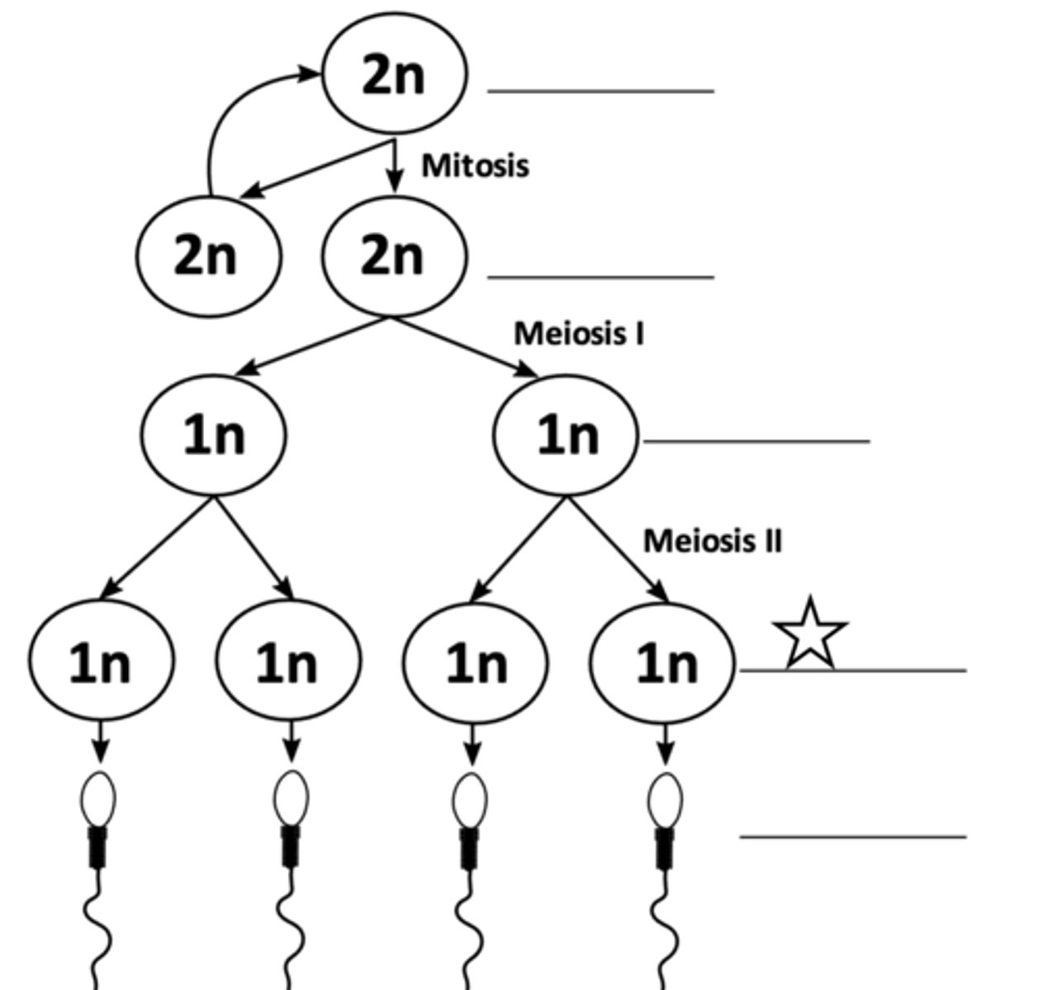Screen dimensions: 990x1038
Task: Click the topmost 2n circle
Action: pyautogui.click(x=394, y=74)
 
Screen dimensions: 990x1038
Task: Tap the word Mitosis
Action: pyautogui.click(x=475, y=165)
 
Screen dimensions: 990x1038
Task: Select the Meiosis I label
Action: pyautogui.click(x=579, y=333)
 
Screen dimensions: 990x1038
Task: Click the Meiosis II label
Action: pyautogui.click(x=712, y=541)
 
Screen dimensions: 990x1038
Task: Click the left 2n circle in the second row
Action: pyautogui.click(x=208, y=256)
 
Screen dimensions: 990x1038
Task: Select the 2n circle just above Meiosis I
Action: pyautogui.click(x=394, y=256)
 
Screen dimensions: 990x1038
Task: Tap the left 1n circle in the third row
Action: pyautogui.click(x=214, y=435)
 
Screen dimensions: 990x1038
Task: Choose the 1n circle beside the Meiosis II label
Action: pyautogui.click(x=566, y=435)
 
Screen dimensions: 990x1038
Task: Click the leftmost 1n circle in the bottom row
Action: pyautogui.click(x=101, y=662)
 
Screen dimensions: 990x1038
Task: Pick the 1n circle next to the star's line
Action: pyautogui.click(x=663, y=662)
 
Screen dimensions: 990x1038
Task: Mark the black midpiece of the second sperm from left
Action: pyautogui.click(x=290, y=846)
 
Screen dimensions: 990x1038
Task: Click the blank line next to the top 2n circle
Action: pyautogui.click(x=600, y=91)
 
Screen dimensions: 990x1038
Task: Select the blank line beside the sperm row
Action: pyautogui.click(x=852, y=837)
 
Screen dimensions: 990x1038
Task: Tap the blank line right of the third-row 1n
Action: pyautogui.click(x=756, y=441)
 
